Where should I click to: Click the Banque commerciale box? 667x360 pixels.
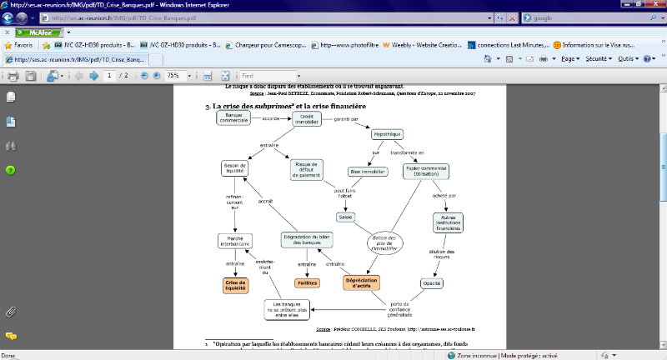click(x=234, y=118)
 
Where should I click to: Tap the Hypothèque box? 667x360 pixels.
click(x=388, y=134)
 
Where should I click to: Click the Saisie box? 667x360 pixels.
click(x=345, y=217)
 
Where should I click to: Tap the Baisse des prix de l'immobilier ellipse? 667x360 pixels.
click(x=384, y=242)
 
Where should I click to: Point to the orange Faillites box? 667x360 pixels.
click(x=308, y=283)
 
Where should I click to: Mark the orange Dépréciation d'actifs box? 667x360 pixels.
click(x=362, y=282)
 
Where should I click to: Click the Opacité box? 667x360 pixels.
click(x=431, y=283)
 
